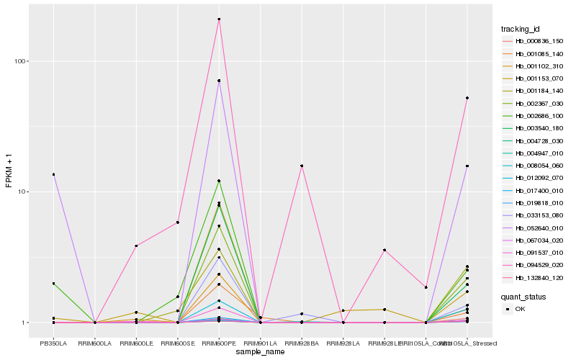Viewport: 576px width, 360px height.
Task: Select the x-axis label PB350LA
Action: [x=53, y=343]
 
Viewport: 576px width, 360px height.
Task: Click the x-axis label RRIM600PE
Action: [x=219, y=343]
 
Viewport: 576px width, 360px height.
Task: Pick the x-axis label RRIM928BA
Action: [x=302, y=343]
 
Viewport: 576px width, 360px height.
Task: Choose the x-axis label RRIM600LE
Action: [x=136, y=343]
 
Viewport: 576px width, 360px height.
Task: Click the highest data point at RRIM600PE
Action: [x=219, y=19]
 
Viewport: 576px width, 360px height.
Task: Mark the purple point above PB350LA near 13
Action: [x=53, y=174]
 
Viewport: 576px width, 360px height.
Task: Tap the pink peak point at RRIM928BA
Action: [x=302, y=166]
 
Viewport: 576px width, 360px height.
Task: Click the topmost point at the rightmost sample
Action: [x=467, y=98]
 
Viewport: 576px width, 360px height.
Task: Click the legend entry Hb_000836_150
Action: [x=534, y=42]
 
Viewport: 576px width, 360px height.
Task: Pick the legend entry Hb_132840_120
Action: [x=534, y=277]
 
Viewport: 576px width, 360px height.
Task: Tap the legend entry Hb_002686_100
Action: [x=534, y=116]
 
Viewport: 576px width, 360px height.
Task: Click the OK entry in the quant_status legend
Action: [x=520, y=309]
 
